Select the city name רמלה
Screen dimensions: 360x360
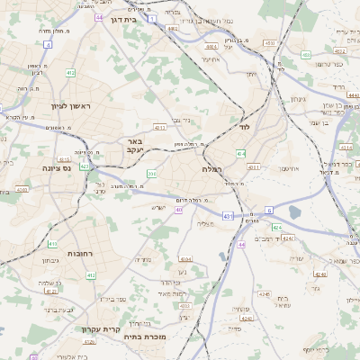pos(212,168)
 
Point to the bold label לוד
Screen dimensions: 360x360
pos(243,128)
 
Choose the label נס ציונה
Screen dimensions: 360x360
pos(57,167)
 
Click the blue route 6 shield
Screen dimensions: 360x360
pos(268,210)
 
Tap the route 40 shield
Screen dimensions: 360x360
pos(179,210)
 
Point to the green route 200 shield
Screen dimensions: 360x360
pos(151,173)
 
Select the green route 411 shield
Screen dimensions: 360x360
pos(52,244)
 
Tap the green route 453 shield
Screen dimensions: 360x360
pos(306,55)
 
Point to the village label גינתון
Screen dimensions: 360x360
pos(301,99)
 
